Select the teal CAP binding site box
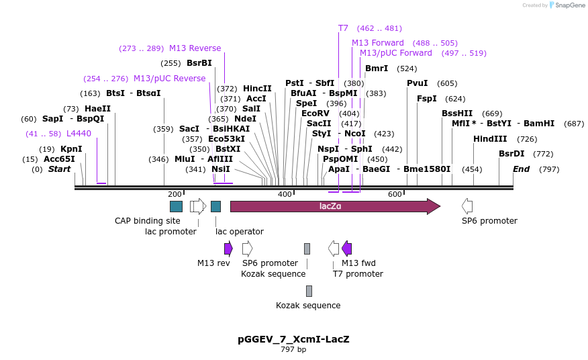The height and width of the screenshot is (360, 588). pos(176,206)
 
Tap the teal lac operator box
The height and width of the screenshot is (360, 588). pos(215,206)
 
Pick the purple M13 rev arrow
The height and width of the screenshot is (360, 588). pos(228,249)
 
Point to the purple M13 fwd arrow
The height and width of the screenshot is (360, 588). pos(346,249)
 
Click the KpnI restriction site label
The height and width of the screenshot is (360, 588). pos(71,149)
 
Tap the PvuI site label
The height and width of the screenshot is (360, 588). pos(417,83)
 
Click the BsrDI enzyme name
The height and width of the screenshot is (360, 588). pos(511,154)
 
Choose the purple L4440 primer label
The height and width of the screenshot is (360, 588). pos(79,134)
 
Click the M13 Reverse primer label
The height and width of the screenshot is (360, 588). pos(195,48)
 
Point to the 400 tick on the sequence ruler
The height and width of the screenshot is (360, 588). pos(285,194)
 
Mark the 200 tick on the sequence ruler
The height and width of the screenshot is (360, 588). pos(174,194)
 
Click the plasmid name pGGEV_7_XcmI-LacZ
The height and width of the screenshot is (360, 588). pos(293,339)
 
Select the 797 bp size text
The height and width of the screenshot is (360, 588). pos(293,350)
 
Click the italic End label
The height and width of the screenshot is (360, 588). pos(521,169)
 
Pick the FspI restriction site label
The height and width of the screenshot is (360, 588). pos(427,99)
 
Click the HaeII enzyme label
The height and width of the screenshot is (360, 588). pos(97,109)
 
